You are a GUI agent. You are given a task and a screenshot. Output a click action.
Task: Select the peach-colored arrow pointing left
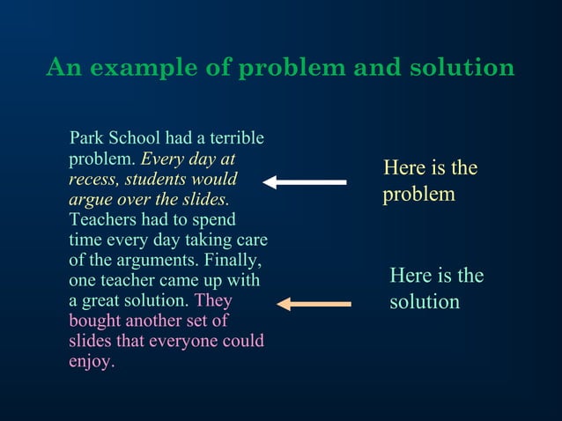click(x=314, y=304)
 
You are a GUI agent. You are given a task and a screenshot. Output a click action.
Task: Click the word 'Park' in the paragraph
click(x=87, y=138)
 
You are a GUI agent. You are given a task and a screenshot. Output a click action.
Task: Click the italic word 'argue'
click(x=91, y=199)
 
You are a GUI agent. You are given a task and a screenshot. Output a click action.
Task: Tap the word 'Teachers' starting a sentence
click(x=102, y=219)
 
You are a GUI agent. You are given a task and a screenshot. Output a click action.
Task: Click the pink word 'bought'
click(x=95, y=321)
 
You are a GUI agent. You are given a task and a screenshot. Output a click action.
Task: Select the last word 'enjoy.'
click(x=92, y=361)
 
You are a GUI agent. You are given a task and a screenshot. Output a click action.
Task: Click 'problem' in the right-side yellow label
click(x=418, y=194)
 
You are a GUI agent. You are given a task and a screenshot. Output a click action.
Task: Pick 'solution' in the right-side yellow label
click(x=425, y=302)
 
